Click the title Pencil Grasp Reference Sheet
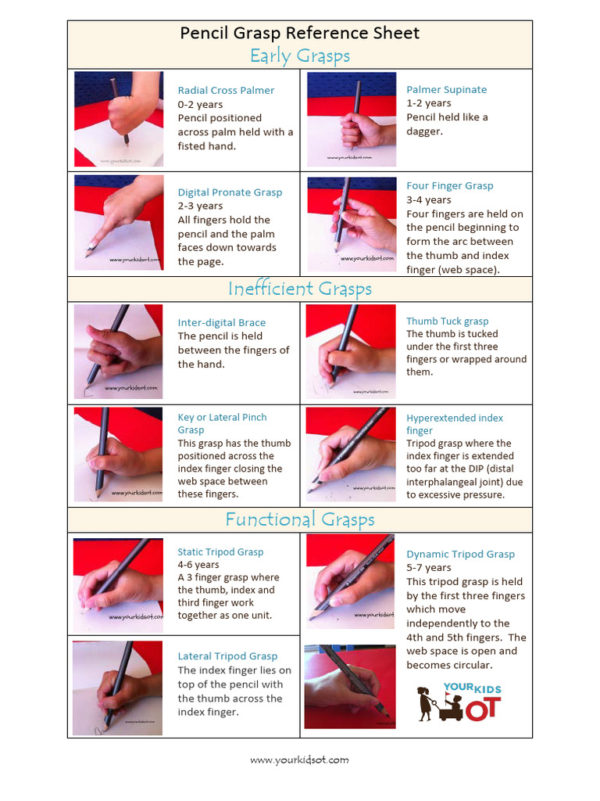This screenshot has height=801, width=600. tap(299, 33)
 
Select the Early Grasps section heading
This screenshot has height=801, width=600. tap(299, 56)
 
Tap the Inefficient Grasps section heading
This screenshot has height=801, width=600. tap(299, 289)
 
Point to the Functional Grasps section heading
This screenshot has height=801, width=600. tap(299, 520)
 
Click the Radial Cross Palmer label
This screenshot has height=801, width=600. tap(226, 91)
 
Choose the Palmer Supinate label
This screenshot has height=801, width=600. tap(446, 90)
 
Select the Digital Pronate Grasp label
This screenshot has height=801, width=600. tap(230, 192)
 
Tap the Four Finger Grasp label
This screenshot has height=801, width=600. tap(450, 186)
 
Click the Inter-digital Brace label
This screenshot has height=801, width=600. tap(221, 323)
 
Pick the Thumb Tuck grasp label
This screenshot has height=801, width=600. tap(447, 321)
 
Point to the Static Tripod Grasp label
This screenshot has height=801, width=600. tap(220, 552)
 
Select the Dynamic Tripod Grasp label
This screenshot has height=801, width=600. tap(460, 555)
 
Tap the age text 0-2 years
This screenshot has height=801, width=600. tap(200, 105)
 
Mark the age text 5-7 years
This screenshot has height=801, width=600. tap(429, 568)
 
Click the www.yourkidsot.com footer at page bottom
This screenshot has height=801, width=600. tap(299, 760)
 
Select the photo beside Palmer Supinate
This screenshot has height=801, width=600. tap(351, 119)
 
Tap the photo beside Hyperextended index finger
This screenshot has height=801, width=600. tap(350, 454)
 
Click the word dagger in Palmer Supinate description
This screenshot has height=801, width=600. tap(424, 131)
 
